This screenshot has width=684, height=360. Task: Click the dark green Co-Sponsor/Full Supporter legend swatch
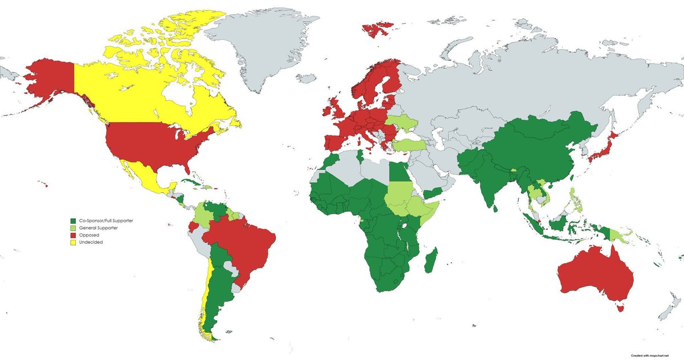73,220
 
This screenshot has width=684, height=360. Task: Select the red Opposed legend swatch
73,235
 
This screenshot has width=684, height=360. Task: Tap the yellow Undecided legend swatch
73,242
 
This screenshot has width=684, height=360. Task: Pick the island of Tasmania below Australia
620,308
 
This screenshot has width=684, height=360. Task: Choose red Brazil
245,239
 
